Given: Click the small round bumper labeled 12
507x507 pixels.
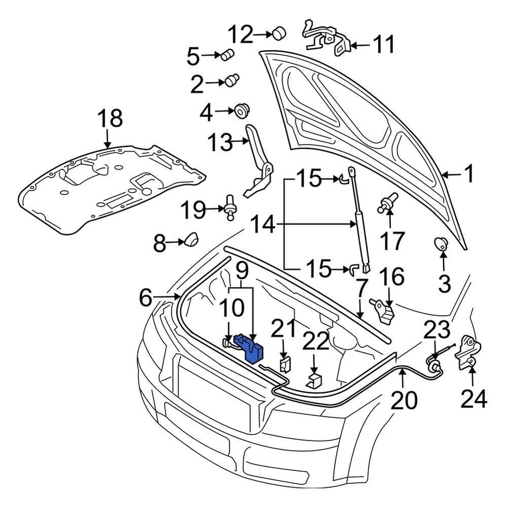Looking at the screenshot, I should click(279, 34).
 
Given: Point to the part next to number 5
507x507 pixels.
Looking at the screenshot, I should click(227, 54).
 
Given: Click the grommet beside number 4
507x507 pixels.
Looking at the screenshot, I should click(242, 111).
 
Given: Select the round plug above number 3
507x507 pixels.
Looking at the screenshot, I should click(442, 244).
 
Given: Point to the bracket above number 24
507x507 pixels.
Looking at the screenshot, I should click(469, 350).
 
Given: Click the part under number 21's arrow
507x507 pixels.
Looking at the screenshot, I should click(285, 364).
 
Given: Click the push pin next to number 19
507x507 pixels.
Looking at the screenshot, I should click(230, 208).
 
